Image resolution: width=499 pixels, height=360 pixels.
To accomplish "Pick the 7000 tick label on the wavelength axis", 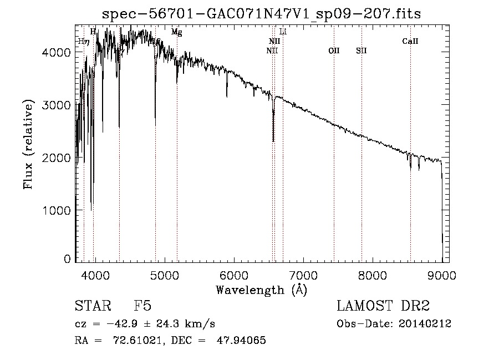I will (x=303, y=275).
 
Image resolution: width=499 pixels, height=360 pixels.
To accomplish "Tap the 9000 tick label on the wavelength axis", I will (x=442, y=275).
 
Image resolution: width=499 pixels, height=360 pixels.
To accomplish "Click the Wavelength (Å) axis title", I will (x=261, y=290).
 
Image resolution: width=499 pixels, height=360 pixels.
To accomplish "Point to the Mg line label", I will (x=176, y=32).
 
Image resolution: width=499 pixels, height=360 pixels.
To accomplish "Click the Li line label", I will (x=283, y=32).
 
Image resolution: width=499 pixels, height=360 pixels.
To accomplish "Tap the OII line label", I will (x=334, y=50).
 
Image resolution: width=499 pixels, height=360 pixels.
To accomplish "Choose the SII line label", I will (x=361, y=50).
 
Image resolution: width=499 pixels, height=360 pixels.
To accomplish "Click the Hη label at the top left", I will (x=83, y=41).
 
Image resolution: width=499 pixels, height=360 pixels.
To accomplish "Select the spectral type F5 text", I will (x=142, y=307).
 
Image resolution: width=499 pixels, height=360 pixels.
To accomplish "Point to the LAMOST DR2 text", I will (x=383, y=307).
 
